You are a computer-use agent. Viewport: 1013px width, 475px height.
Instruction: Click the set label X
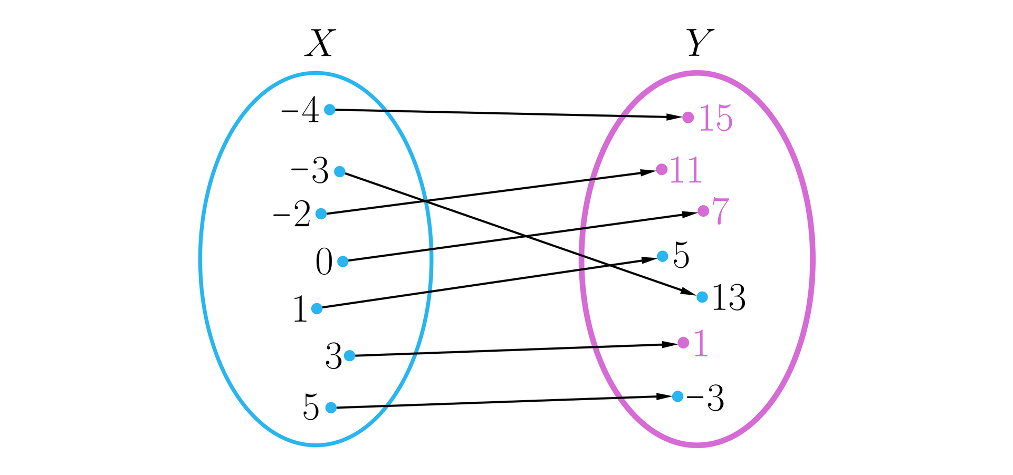click(320, 43)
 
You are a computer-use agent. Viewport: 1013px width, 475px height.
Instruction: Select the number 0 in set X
click(324, 262)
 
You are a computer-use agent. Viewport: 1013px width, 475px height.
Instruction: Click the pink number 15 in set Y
click(716, 119)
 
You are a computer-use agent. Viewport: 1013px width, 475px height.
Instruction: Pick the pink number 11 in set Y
click(685, 170)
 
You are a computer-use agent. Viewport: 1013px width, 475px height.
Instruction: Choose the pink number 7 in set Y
click(720, 210)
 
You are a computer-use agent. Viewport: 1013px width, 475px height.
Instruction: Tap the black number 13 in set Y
click(728, 298)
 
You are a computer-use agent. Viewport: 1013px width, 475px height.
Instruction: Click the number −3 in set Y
click(705, 399)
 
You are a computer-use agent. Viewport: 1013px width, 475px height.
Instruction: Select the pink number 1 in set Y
click(701, 344)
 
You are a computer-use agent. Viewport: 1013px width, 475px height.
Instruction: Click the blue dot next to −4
click(329, 110)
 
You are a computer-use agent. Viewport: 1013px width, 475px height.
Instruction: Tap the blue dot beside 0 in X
click(343, 261)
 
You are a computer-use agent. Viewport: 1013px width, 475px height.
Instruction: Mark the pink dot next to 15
click(688, 117)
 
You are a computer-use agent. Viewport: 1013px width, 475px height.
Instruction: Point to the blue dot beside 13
click(702, 297)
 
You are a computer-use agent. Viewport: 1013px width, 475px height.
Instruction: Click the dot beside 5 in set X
click(331, 408)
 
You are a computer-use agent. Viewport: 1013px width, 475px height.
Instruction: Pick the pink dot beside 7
click(703, 211)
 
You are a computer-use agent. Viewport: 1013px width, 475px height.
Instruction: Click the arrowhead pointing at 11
click(648, 172)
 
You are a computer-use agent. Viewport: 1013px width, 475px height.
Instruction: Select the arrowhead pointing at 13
click(689, 292)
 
